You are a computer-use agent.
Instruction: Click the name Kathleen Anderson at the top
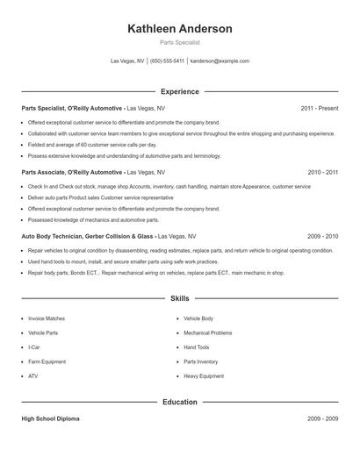tap(180, 29)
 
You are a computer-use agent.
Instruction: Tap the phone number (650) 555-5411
tap(167, 61)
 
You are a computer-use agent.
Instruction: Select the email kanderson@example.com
tap(220, 61)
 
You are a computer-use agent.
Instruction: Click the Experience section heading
tap(180, 91)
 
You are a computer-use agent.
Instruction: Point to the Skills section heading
tap(180, 299)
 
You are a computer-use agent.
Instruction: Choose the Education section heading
tap(180, 402)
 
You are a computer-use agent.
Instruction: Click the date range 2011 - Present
tap(320, 108)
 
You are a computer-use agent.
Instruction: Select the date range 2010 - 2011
tap(322, 172)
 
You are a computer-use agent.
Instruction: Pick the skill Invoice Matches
tap(47, 318)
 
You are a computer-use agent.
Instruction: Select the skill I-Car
tap(34, 347)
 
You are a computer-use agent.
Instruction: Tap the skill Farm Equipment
tap(47, 361)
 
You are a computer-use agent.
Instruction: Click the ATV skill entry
tap(32, 376)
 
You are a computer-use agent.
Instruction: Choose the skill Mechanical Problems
tap(208, 333)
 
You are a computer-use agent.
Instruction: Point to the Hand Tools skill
tap(198, 347)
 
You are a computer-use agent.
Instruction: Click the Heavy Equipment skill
tap(203, 376)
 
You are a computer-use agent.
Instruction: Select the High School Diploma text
tap(50, 418)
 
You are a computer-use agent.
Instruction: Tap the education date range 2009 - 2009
tap(322, 418)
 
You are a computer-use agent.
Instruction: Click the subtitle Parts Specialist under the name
tap(180, 42)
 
